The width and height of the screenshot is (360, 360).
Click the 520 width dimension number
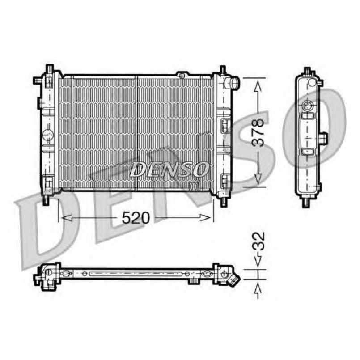136,218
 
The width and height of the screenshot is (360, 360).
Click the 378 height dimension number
258,132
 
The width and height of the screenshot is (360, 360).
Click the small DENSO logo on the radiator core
169,169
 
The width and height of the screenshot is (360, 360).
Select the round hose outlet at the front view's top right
232,83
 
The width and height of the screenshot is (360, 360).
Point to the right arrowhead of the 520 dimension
205,218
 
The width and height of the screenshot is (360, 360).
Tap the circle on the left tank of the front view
48,134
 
